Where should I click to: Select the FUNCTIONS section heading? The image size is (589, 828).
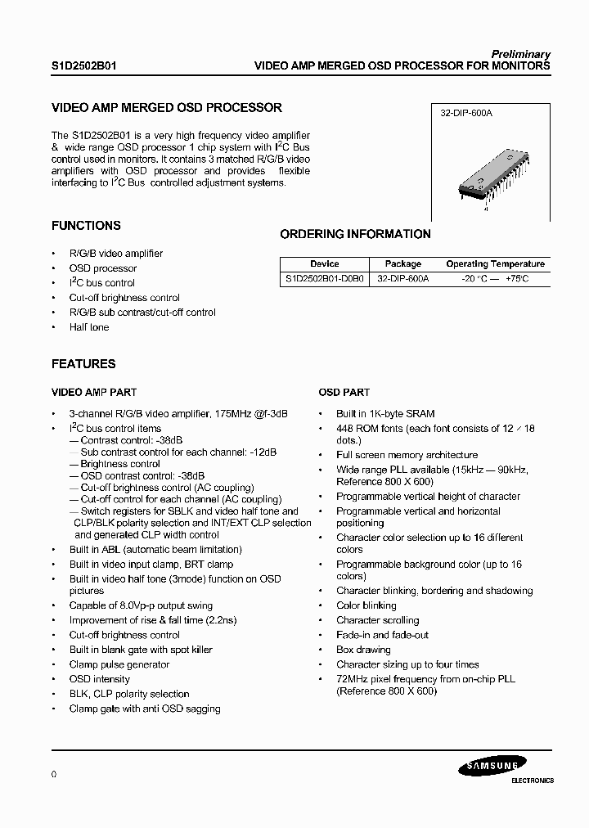86,226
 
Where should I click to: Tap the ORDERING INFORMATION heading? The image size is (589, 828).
355,234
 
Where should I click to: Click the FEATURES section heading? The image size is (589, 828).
83,364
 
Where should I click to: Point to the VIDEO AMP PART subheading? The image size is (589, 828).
94,393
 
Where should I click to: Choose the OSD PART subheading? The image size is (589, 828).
344,393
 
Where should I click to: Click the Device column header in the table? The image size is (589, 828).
324,264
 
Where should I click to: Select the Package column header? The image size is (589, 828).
403,264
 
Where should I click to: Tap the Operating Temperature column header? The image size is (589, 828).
495,264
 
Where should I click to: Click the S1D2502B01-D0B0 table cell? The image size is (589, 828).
324,278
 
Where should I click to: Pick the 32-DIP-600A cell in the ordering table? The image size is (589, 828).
403,278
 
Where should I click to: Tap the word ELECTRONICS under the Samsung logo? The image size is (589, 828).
532,781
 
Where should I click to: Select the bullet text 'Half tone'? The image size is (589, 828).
88,327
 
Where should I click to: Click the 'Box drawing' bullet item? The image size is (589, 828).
363,650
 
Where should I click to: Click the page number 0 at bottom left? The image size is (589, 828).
53,773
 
